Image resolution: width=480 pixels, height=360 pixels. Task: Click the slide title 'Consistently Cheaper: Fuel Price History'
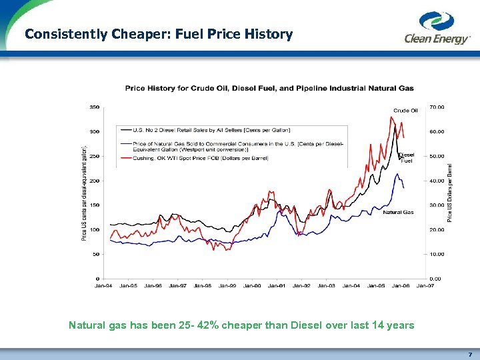159,34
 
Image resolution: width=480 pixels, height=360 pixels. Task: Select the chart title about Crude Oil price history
269,88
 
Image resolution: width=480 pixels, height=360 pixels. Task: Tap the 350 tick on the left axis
95,107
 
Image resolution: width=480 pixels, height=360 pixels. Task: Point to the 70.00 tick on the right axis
437,107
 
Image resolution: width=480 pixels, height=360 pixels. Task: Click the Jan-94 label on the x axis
103,285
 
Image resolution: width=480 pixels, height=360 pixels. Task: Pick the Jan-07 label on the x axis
425,285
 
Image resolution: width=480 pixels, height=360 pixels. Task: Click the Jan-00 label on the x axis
252,285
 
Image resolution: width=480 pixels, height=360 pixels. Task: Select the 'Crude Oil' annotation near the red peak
405,111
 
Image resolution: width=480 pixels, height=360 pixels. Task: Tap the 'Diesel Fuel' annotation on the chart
407,157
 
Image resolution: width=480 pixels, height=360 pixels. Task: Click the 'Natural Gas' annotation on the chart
398,212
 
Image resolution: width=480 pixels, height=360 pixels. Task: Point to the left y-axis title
84,193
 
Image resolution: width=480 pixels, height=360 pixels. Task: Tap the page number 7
469,354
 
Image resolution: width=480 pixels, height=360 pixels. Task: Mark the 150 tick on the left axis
95,205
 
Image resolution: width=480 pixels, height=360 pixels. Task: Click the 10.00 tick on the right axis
437,254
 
